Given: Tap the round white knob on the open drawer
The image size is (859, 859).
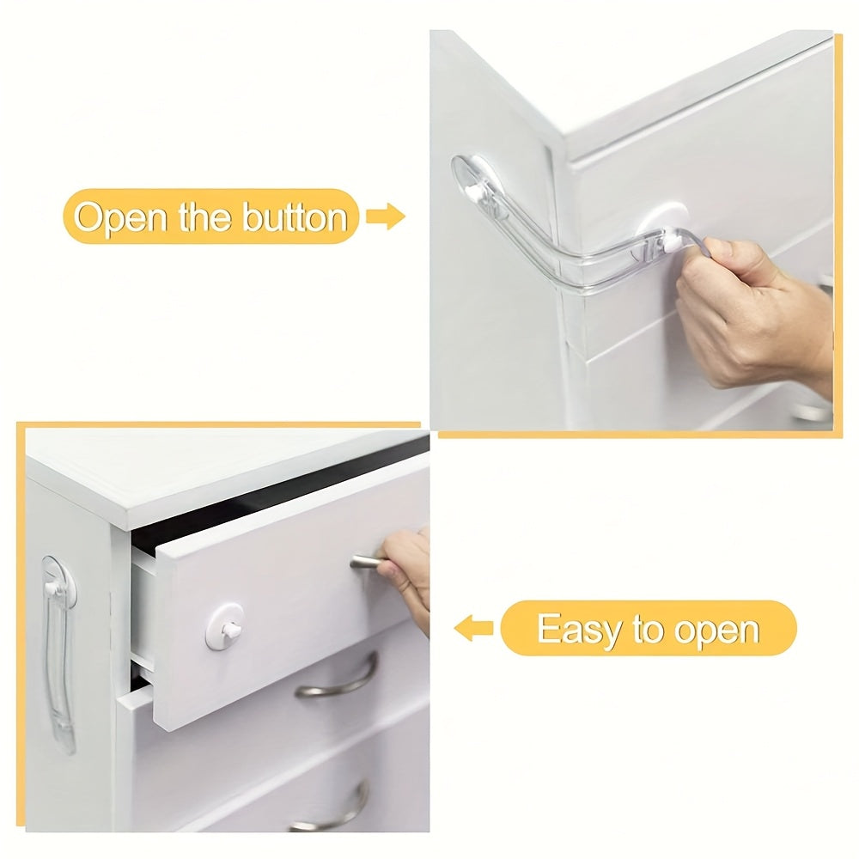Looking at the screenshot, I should pyautogui.click(x=225, y=626).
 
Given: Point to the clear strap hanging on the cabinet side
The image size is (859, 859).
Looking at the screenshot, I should pyautogui.click(x=58, y=653).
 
